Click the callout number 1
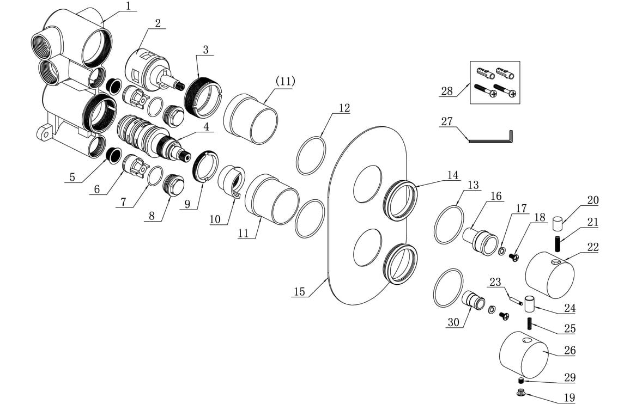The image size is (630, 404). coord(128,7)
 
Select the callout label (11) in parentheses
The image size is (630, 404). coord(285,81)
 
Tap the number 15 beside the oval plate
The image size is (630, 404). coord(299,291)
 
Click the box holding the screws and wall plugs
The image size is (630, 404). coord(494,82)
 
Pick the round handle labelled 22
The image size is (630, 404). coord(548,274)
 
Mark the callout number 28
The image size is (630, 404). coord(447,91)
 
